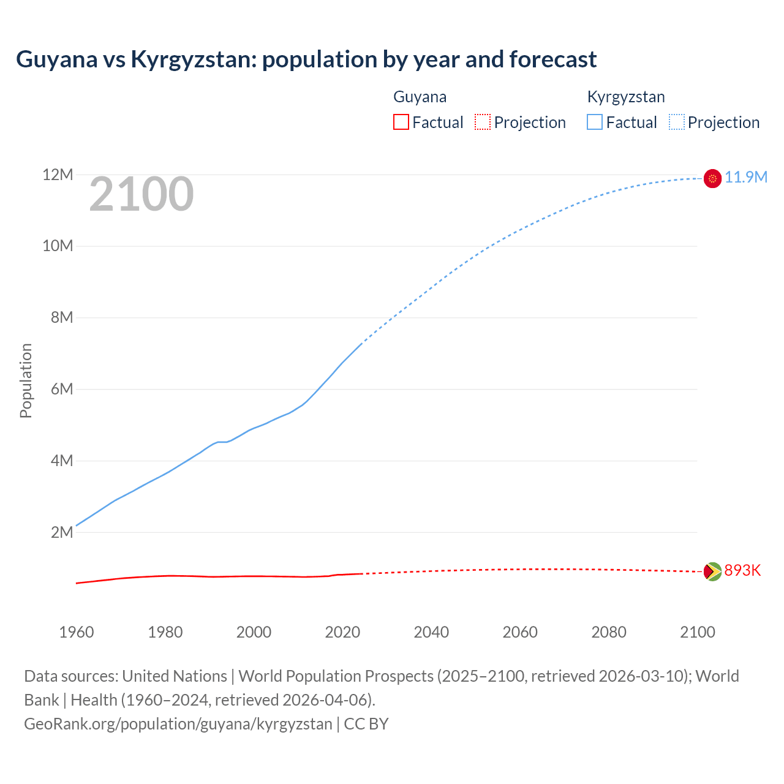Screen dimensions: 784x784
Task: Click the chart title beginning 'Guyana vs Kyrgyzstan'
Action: click(x=306, y=59)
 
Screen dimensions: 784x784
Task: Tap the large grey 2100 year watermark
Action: click(x=141, y=195)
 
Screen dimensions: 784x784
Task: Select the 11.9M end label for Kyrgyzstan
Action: click(x=745, y=178)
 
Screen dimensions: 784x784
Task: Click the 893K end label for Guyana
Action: click(x=742, y=571)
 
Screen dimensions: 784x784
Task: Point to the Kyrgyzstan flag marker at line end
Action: click(x=712, y=178)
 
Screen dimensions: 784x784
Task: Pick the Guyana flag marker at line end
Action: click(x=712, y=571)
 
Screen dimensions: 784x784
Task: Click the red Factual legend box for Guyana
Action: click(x=401, y=123)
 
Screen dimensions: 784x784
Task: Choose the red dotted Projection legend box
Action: click(x=483, y=123)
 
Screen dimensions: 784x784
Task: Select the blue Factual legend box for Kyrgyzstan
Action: click(x=595, y=123)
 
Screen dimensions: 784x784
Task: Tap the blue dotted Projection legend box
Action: click(x=677, y=123)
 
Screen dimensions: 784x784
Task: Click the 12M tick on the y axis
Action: click(x=58, y=175)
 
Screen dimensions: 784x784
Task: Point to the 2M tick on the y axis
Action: click(x=62, y=532)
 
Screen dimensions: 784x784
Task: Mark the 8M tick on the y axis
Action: click(x=62, y=318)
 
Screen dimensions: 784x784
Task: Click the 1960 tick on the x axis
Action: click(x=77, y=632)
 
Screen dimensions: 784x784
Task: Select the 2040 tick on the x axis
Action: click(x=431, y=632)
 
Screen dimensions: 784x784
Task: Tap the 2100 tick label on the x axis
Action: click(x=697, y=632)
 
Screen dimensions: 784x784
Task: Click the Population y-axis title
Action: click(x=26, y=380)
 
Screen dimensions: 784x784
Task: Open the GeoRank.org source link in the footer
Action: click(x=178, y=724)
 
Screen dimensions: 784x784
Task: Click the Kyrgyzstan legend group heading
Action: click(x=626, y=97)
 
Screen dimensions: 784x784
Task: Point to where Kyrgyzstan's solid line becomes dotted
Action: click(x=362, y=343)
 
